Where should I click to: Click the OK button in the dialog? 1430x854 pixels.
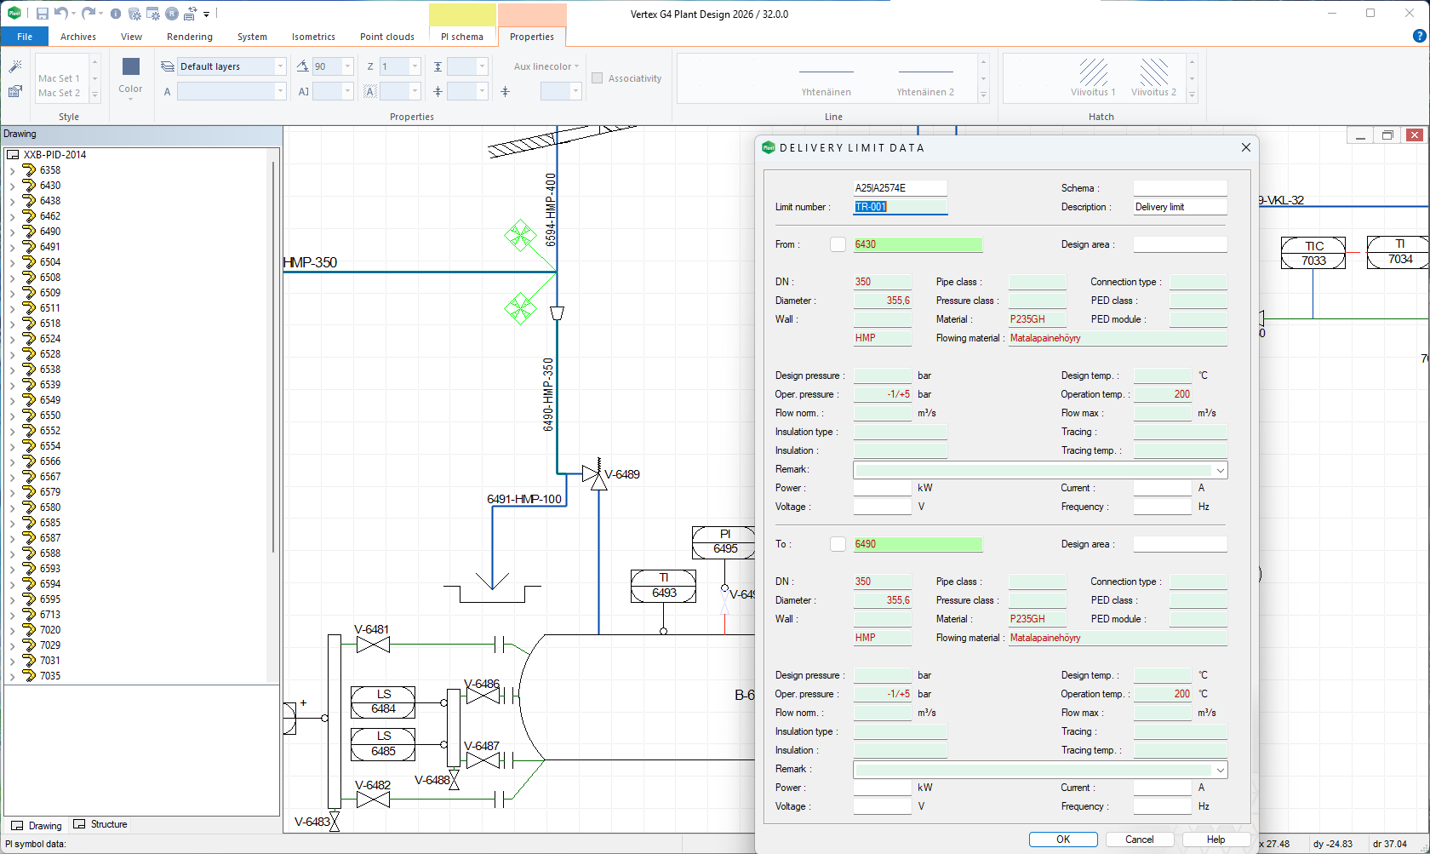(x=1062, y=840)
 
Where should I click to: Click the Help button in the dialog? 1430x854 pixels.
(x=1215, y=840)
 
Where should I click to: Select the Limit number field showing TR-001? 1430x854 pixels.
(x=900, y=207)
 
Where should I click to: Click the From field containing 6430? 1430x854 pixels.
(x=918, y=244)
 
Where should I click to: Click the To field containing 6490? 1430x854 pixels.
(x=918, y=544)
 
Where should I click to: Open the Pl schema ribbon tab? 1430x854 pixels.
(x=462, y=37)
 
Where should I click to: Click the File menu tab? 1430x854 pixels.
(x=25, y=37)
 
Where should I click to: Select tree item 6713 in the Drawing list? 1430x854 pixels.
(x=50, y=615)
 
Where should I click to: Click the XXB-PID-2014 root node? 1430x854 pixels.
(x=54, y=155)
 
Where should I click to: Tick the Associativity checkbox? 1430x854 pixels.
(x=598, y=78)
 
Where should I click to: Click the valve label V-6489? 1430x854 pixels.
(x=622, y=474)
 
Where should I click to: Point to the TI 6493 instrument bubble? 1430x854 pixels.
(x=664, y=586)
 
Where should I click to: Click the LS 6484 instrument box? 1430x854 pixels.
(x=383, y=702)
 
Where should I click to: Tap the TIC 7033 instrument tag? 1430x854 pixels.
(x=1313, y=254)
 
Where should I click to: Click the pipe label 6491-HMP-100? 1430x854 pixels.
(x=524, y=499)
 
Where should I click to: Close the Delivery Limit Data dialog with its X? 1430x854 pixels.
(x=1246, y=147)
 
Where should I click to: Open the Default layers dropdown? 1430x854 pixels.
(x=280, y=66)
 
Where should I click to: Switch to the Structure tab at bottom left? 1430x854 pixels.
(x=101, y=824)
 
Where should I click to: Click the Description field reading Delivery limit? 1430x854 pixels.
(x=1180, y=207)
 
